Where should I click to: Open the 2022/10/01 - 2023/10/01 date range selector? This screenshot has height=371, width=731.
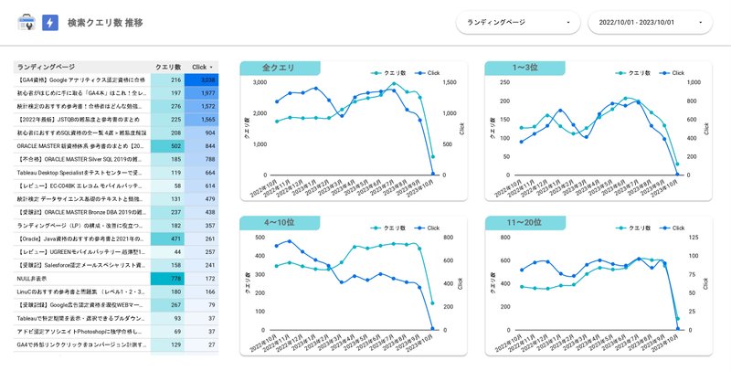[650, 22]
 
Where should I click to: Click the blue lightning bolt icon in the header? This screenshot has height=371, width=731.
[50, 22]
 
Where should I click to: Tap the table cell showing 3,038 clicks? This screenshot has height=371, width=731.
[201, 80]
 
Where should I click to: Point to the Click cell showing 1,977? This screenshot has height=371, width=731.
[201, 93]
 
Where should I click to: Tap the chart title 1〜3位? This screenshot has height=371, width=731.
[524, 68]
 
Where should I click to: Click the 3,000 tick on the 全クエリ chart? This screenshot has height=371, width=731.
[260, 82]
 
